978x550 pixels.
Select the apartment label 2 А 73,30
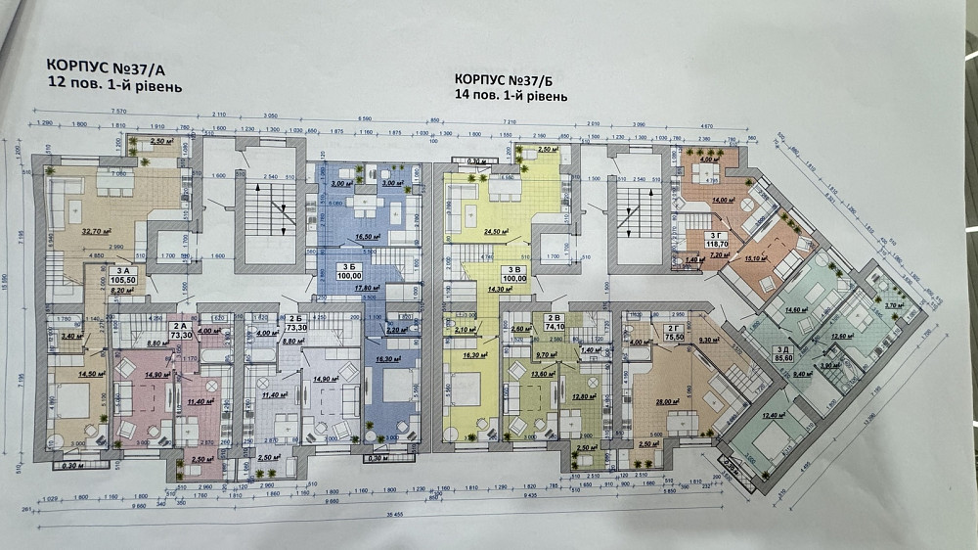pos(179,330)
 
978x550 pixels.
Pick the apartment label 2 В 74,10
pos(554,322)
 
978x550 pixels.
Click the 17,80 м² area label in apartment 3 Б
pos(341,288)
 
